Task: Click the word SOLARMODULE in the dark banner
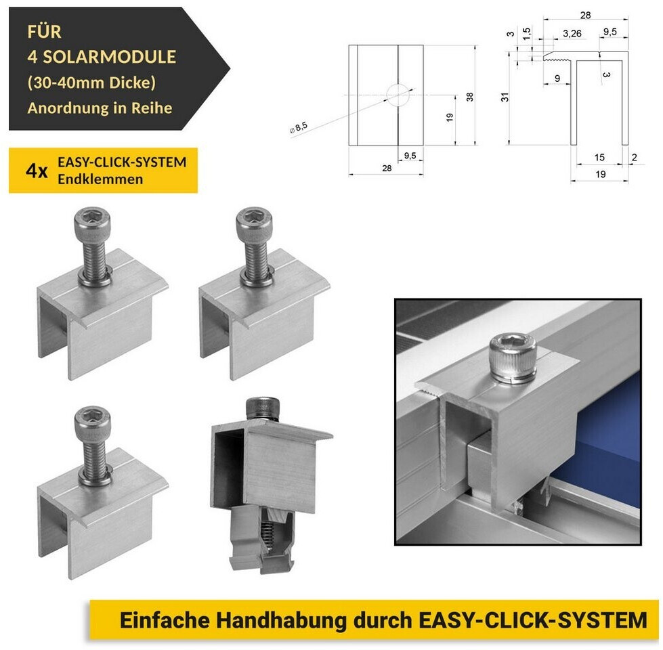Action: pyautogui.click(x=109, y=57)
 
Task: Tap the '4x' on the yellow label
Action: pyautogui.click(x=37, y=171)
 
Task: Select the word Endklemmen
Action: pyautogui.click(x=100, y=179)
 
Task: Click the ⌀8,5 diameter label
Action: pyautogui.click(x=299, y=128)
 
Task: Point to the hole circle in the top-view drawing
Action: pyautogui.click(x=398, y=95)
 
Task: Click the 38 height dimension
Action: pyautogui.click(x=470, y=97)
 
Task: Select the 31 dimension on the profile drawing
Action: pyautogui.click(x=505, y=97)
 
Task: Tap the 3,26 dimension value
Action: pyautogui.click(x=572, y=33)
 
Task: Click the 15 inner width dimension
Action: pyautogui.click(x=599, y=157)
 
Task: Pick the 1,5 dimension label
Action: pyautogui.click(x=526, y=33)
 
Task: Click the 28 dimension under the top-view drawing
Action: pyautogui.click(x=387, y=168)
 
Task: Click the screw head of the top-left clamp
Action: pyautogui.click(x=92, y=220)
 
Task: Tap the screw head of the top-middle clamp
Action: pyautogui.click(x=254, y=220)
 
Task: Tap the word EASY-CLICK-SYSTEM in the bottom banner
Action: pyautogui.click(x=533, y=620)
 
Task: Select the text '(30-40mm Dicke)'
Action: pyautogui.click(x=91, y=82)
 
